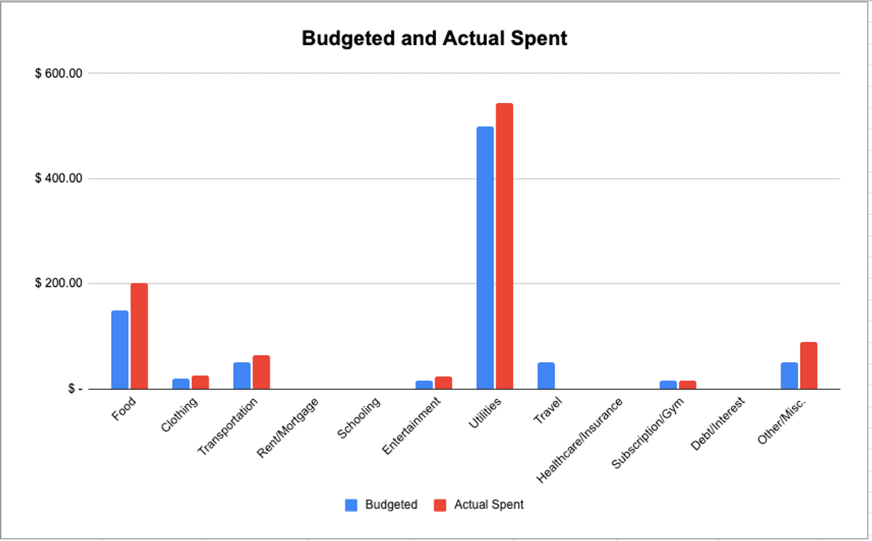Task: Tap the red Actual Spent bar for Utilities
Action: coord(504,246)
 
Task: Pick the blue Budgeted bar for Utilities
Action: coord(485,258)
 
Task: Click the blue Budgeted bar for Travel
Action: coord(546,375)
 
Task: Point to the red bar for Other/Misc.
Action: coord(809,365)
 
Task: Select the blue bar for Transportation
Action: coord(242,375)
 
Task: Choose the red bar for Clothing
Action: coord(200,382)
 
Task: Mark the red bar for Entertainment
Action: coord(443,383)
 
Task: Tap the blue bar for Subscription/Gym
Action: coord(668,384)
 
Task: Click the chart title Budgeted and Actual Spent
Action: coord(435,38)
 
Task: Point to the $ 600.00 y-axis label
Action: coord(59,73)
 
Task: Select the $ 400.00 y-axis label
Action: coord(59,179)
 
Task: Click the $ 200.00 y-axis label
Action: coord(59,283)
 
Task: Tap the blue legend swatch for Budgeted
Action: coord(351,505)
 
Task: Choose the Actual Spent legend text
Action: coord(488,505)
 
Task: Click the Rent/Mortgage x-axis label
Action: coord(289,427)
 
